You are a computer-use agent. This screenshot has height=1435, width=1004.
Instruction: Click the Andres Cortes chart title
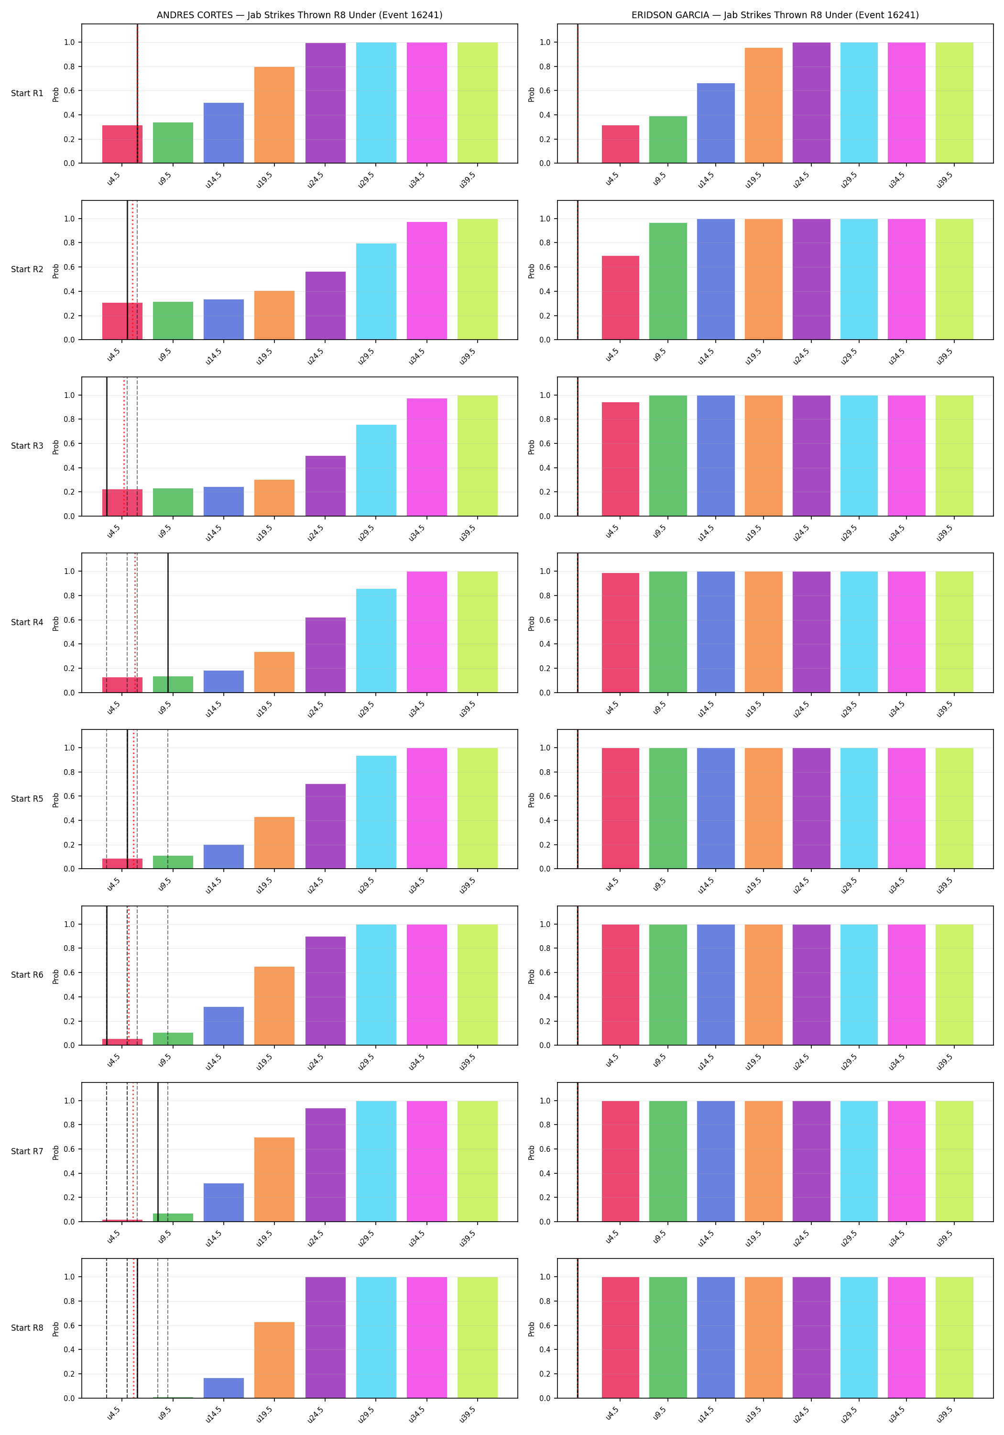299,15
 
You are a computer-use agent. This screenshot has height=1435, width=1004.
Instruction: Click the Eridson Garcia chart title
775,15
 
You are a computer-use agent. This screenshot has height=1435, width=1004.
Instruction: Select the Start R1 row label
27,93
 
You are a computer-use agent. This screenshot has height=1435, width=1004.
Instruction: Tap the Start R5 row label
27,799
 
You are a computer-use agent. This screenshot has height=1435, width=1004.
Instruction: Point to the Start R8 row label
27,1327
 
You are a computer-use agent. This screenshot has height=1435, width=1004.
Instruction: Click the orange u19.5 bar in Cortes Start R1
274,115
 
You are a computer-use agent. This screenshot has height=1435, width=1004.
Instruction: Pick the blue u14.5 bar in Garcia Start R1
716,123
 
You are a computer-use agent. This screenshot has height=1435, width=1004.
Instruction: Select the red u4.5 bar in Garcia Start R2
621,298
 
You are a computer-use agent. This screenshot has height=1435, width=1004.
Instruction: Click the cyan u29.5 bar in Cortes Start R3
376,471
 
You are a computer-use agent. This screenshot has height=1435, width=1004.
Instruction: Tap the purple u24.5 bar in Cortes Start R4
326,655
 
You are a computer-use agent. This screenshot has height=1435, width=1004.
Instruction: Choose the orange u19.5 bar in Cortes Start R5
274,842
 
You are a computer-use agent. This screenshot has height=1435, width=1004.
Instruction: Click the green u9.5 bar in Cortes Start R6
173,1039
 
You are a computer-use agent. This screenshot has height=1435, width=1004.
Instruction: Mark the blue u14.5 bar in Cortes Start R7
224,1202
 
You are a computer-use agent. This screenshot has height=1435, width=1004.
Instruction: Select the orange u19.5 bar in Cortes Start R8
274,1360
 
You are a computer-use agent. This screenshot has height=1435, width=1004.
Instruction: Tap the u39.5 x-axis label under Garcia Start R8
944,1414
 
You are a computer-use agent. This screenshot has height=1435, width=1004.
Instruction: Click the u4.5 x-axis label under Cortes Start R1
113,179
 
